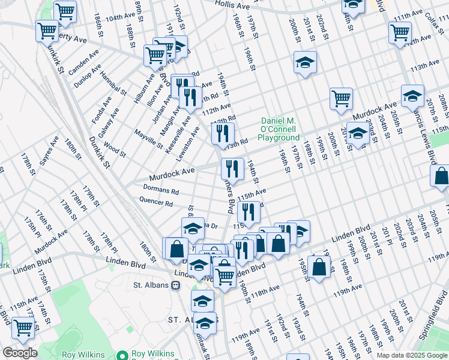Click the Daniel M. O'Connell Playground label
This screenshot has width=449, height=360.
279,129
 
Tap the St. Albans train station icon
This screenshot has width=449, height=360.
176,285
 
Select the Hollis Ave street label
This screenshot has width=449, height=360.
232,5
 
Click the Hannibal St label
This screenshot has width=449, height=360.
113,82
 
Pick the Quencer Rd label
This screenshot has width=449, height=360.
155,202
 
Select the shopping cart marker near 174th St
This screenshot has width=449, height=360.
23,327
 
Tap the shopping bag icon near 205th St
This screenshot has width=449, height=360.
440,176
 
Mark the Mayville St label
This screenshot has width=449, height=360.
148,139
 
